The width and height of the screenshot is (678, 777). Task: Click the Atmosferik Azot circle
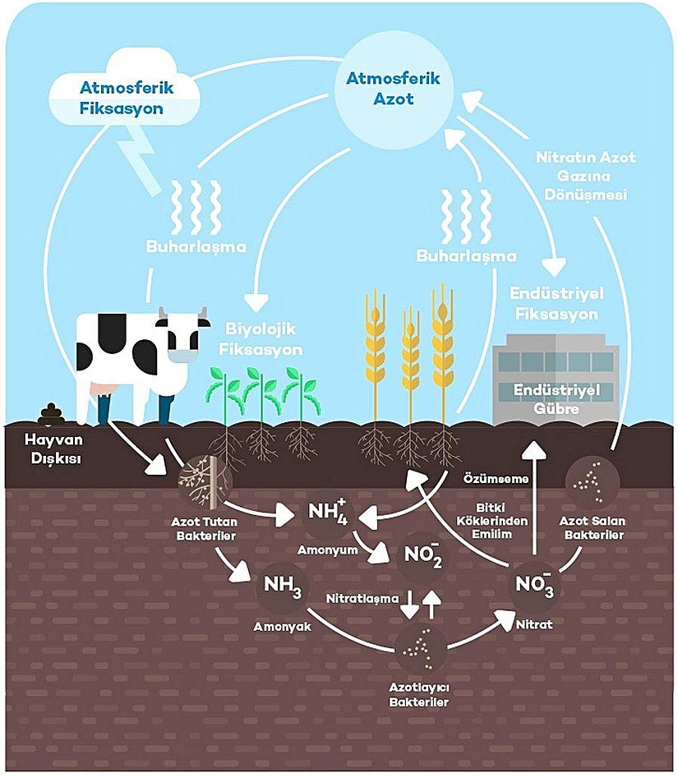pyautogui.click(x=394, y=90)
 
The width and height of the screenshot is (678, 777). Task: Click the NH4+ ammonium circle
pyautogui.click(x=328, y=517)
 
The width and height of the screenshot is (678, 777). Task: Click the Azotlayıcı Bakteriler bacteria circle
pyautogui.click(x=420, y=650)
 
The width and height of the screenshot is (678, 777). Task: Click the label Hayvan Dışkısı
pyautogui.click(x=42, y=449)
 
